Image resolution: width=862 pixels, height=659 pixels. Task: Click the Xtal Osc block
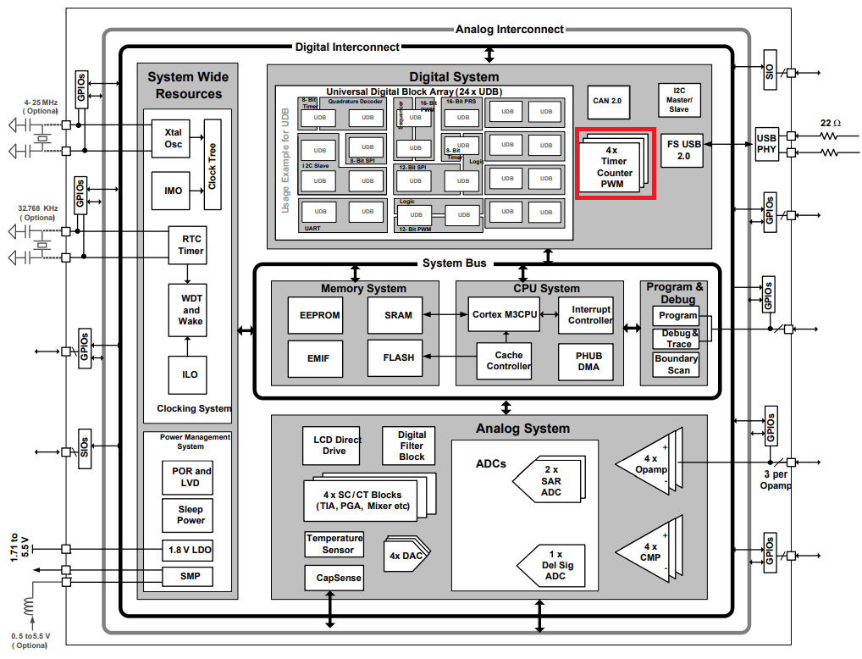click(x=173, y=137)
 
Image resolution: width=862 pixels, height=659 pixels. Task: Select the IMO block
click(x=173, y=191)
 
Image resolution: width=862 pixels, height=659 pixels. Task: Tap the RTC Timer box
click(x=191, y=245)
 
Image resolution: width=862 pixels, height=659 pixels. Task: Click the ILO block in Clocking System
click(x=191, y=374)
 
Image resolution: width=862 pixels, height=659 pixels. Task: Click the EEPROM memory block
click(x=319, y=315)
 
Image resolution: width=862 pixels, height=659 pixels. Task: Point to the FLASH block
click(x=398, y=357)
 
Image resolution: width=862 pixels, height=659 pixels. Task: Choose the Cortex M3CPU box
click(x=505, y=314)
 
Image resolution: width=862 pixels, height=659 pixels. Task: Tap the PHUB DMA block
click(x=586, y=361)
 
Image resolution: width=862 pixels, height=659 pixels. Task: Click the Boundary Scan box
click(x=677, y=364)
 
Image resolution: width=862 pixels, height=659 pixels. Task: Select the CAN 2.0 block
click(x=607, y=101)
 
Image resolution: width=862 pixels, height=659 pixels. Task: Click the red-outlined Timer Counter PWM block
click(x=616, y=164)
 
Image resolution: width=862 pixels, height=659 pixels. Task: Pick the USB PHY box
click(x=766, y=145)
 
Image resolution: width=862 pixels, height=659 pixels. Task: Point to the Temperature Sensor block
click(x=334, y=544)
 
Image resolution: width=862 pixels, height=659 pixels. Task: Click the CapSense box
click(x=339, y=579)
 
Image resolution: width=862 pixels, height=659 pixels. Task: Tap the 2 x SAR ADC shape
click(x=550, y=480)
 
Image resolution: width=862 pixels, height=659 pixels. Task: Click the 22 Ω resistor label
click(x=831, y=124)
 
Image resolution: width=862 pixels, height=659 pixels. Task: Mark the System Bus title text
click(x=455, y=263)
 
